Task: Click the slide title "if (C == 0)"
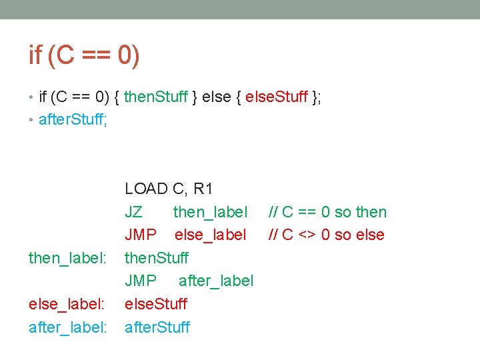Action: pos(85,55)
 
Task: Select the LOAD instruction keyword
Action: pos(146,189)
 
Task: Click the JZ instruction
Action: pos(133,212)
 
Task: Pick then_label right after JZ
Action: pos(210,212)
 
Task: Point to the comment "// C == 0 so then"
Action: pos(327,212)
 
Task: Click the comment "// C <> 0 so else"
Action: pos(326,235)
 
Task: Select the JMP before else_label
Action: pos(141,235)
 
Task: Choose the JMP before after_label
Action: pos(141,281)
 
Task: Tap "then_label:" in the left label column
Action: pos(67,258)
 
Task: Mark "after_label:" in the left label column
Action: pos(67,327)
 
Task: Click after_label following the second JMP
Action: pos(216,281)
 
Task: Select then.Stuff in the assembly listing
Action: pos(157,258)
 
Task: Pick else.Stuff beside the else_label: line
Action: pos(156,304)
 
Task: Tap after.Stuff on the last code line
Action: pos(157,327)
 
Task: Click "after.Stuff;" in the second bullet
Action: pos(74,120)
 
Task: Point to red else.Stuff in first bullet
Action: pos(277,97)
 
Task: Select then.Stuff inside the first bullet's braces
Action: pos(156,97)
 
